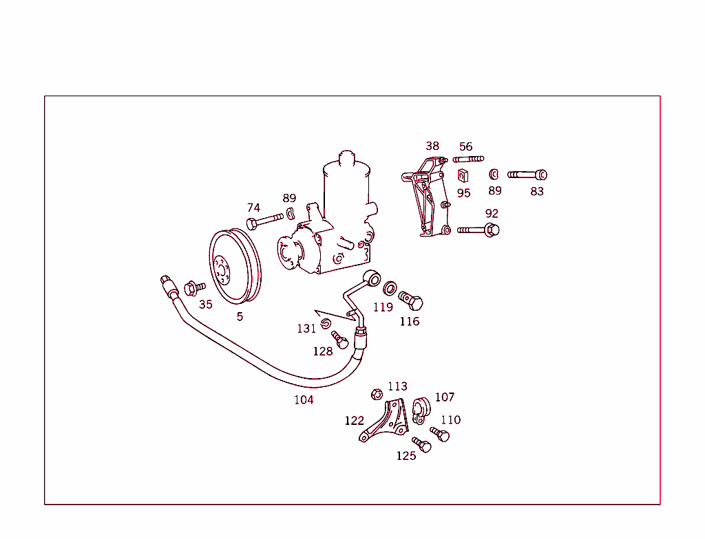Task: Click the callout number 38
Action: pyautogui.click(x=432, y=146)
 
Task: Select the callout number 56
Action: pyautogui.click(x=466, y=146)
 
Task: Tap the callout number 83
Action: pyautogui.click(x=537, y=191)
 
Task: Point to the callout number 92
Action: pyautogui.click(x=492, y=214)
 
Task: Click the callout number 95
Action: pyautogui.click(x=464, y=193)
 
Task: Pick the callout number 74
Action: pyautogui.click(x=254, y=208)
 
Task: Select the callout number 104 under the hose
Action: pyautogui.click(x=304, y=400)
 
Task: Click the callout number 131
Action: pyautogui.click(x=306, y=329)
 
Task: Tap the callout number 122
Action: pyautogui.click(x=354, y=420)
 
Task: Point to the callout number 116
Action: pyautogui.click(x=410, y=321)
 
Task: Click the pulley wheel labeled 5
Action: pyautogui.click(x=235, y=267)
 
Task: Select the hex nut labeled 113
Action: pyautogui.click(x=377, y=395)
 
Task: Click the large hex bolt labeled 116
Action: pyautogui.click(x=411, y=300)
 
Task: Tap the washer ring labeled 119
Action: pyautogui.click(x=390, y=287)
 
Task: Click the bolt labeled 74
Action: pyautogui.click(x=264, y=220)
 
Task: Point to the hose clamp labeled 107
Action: pyautogui.click(x=421, y=408)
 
